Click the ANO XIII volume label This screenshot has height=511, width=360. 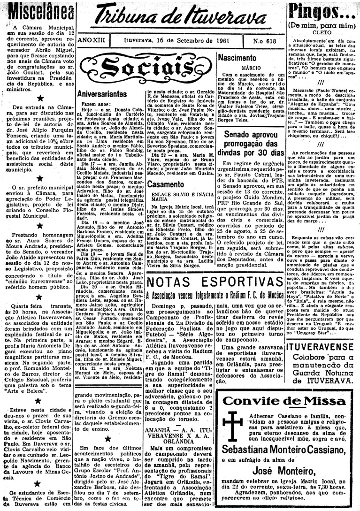coord(92,41)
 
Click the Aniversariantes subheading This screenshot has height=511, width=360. coord(102,93)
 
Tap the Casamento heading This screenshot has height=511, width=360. coord(165,184)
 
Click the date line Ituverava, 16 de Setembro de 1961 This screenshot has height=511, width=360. coord(181,41)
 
